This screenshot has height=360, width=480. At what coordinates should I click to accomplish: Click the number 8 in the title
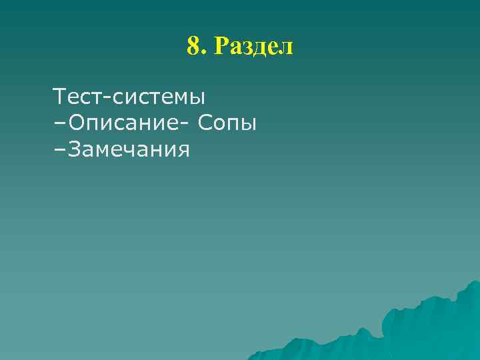pyautogui.click(x=193, y=47)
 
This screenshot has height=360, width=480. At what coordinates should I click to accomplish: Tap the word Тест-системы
pyautogui.click(x=130, y=97)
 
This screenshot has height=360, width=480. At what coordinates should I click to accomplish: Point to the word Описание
pyautogui.click(x=119, y=124)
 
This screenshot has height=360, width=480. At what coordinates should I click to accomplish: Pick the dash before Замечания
pyautogui.click(x=57, y=150)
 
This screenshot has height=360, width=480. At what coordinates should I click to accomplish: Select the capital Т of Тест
pyautogui.click(x=60, y=97)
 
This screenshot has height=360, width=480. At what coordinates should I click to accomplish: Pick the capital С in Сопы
pyautogui.click(x=205, y=124)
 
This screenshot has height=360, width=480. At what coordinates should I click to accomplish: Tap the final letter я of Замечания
pyautogui.click(x=184, y=151)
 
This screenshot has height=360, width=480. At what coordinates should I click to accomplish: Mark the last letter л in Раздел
pyautogui.click(x=287, y=49)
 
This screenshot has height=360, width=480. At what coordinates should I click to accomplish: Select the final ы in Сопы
pyautogui.click(x=248, y=125)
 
